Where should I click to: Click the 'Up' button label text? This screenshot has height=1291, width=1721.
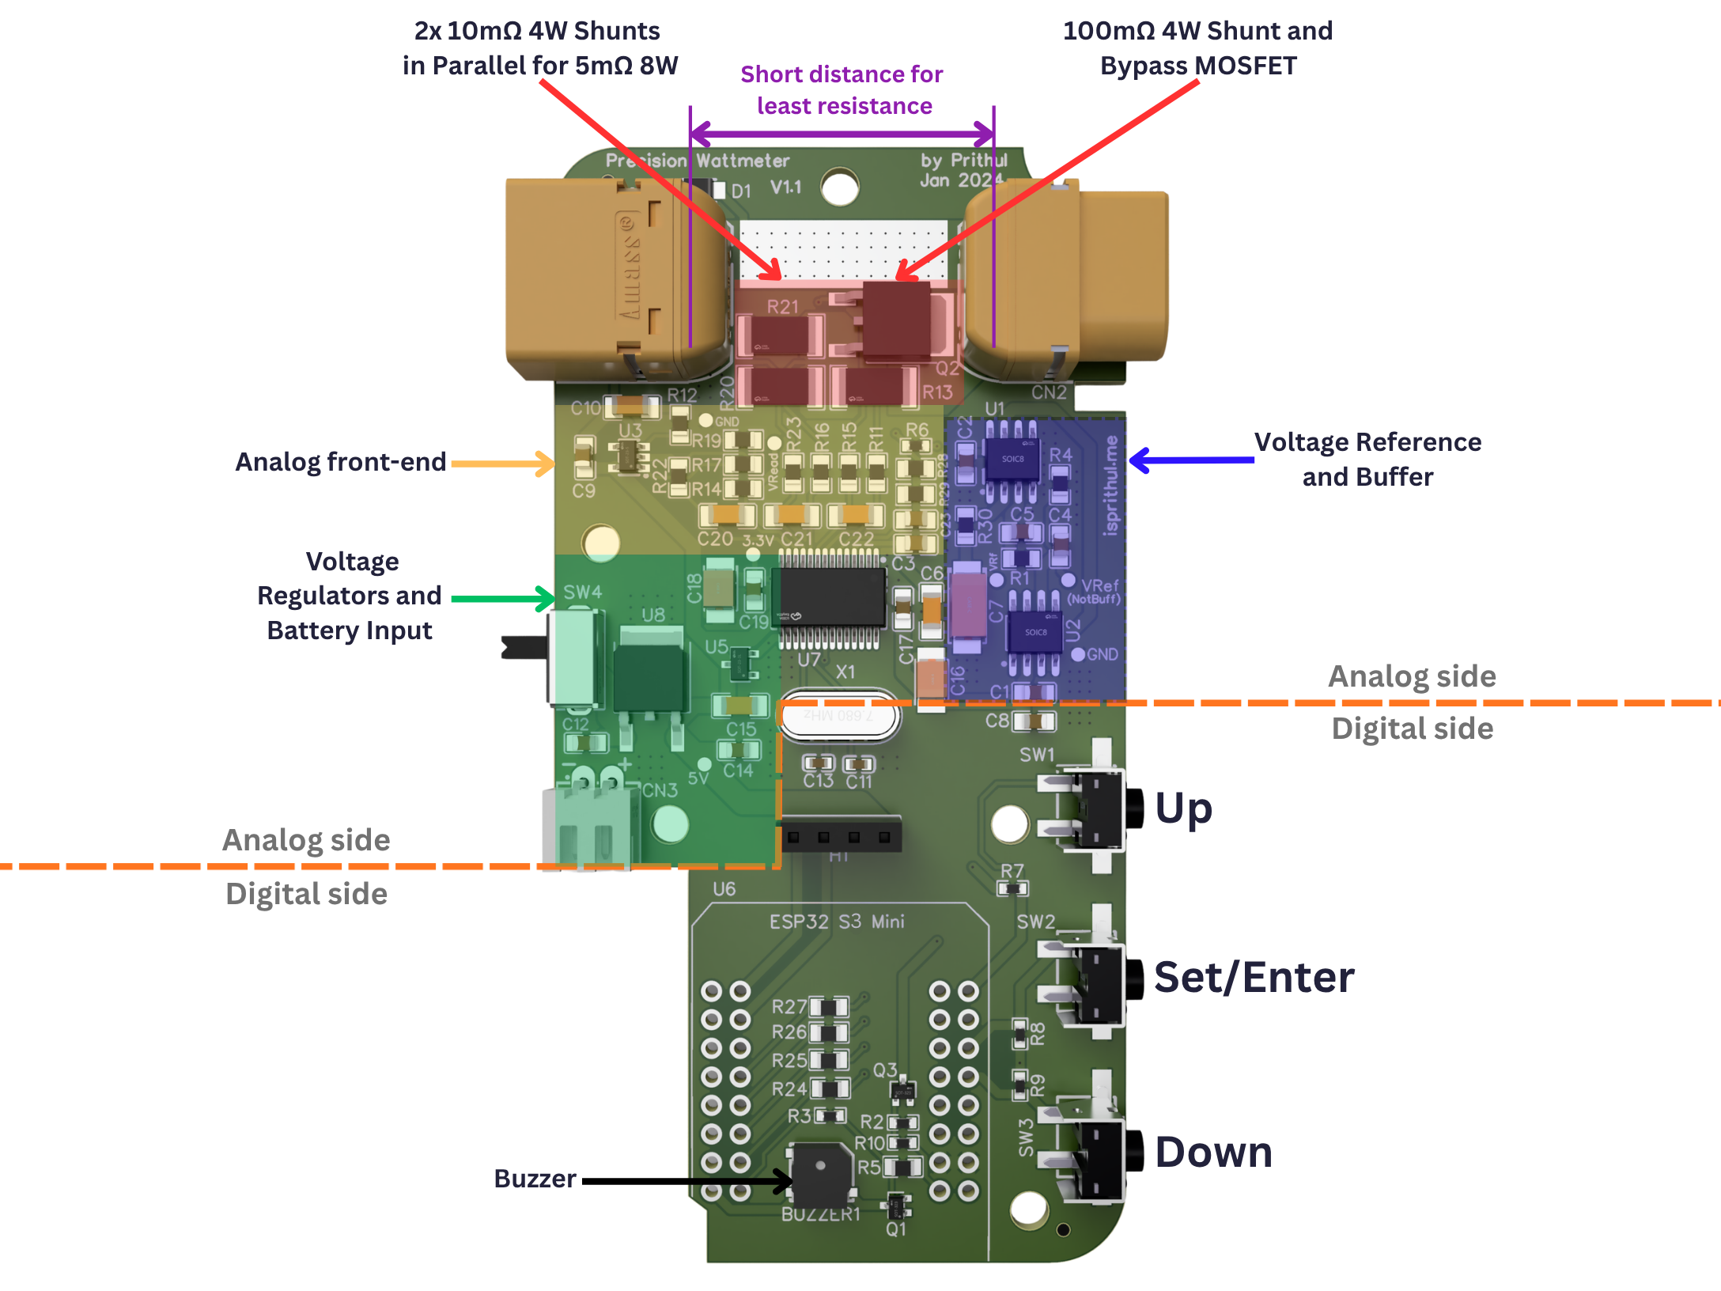pyautogui.click(x=1183, y=808)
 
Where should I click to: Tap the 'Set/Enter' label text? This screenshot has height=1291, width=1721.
pyautogui.click(x=1254, y=977)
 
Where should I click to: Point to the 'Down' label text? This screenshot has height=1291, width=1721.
pyautogui.click(x=1213, y=1152)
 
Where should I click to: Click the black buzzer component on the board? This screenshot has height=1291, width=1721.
pyautogui.click(x=823, y=1174)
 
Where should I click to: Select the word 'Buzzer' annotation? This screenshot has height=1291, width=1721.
pyautogui.click(x=535, y=1179)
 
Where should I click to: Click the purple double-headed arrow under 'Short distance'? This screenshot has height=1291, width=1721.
pyautogui.click(x=842, y=134)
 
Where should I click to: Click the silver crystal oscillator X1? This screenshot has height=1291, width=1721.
pyautogui.click(x=839, y=717)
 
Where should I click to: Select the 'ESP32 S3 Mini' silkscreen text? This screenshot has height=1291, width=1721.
pyautogui.click(x=836, y=922)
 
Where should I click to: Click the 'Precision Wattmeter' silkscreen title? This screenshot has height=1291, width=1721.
pyautogui.click(x=698, y=161)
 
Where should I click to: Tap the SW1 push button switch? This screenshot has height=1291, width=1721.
pyautogui.click(x=1095, y=807)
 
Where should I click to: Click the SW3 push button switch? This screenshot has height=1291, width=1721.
pyautogui.click(x=1095, y=1151)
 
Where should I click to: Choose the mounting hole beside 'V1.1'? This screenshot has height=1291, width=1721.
pyautogui.click(x=840, y=188)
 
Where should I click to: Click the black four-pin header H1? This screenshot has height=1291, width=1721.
pyautogui.click(x=841, y=836)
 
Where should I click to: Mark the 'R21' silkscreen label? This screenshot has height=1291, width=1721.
pyautogui.click(x=782, y=306)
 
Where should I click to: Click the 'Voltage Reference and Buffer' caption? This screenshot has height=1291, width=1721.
pyautogui.click(x=1367, y=460)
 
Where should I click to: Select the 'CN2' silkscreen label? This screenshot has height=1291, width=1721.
pyautogui.click(x=1049, y=392)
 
